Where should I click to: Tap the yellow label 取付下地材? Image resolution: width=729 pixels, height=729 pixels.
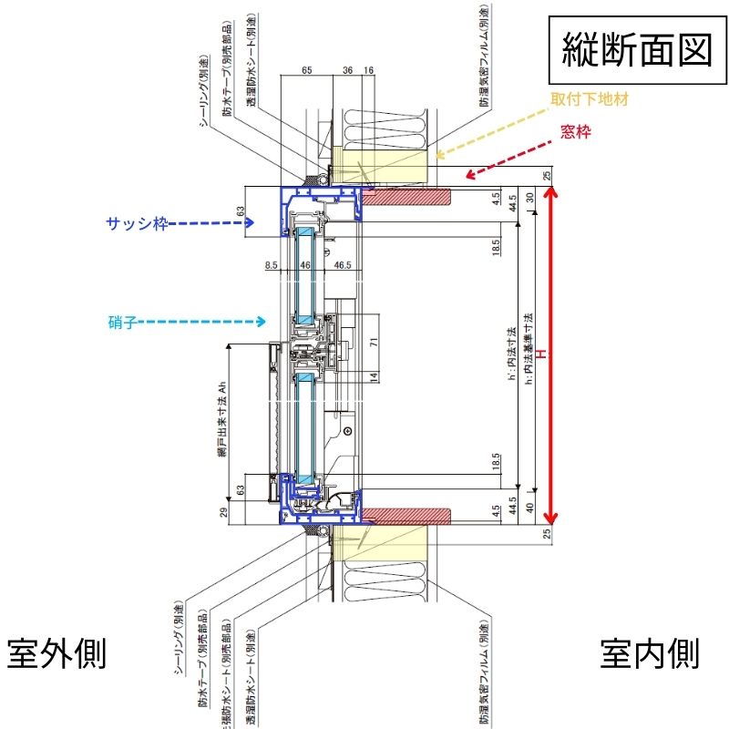[588, 97]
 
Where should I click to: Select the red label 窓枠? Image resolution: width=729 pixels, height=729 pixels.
[576, 133]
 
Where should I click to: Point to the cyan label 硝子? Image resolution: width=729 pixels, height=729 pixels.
[121, 322]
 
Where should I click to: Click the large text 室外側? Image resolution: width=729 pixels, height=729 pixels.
[57, 652]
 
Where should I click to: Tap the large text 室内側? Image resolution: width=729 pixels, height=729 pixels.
[649, 652]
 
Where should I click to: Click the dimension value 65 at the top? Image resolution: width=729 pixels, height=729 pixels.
[306, 69]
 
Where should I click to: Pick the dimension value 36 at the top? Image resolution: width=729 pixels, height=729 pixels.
[347, 69]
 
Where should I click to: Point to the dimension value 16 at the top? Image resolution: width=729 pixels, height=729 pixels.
[368, 69]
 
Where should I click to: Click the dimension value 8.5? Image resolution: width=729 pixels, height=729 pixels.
[272, 265]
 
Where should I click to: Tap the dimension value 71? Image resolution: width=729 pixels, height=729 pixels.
[374, 343]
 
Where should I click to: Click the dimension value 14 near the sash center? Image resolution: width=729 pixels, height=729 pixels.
[374, 375]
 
